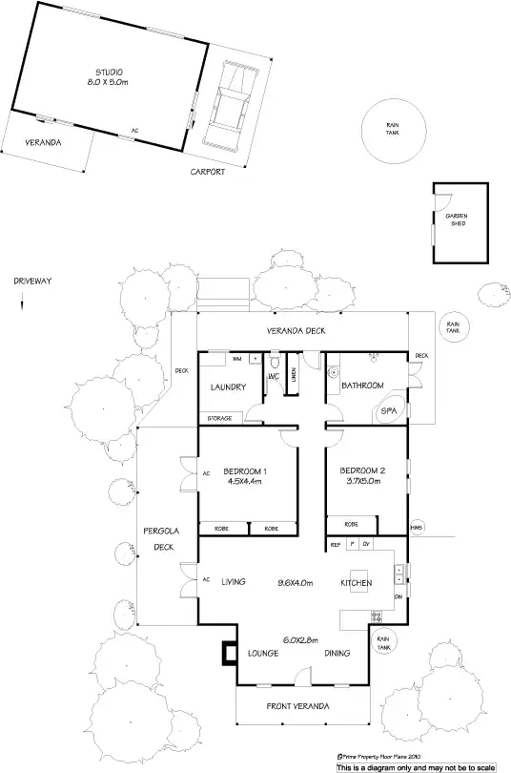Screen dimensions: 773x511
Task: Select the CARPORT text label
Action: [x=207, y=172]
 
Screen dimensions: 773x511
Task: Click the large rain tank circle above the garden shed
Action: [x=391, y=130]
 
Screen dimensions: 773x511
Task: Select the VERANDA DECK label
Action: [x=296, y=330]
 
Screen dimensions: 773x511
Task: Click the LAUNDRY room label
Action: [x=229, y=387]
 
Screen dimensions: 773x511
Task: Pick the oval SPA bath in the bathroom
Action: [x=390, y=410]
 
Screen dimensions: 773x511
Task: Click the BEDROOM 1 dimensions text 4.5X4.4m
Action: [x=245, y=482]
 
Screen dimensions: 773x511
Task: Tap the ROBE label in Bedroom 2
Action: [x=351, y=524]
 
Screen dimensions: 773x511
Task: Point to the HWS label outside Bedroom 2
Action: [x=417, y=527]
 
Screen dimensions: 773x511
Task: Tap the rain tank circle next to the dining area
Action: [x=383, y=644]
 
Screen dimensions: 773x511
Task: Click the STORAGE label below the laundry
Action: [x=220, y=419]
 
